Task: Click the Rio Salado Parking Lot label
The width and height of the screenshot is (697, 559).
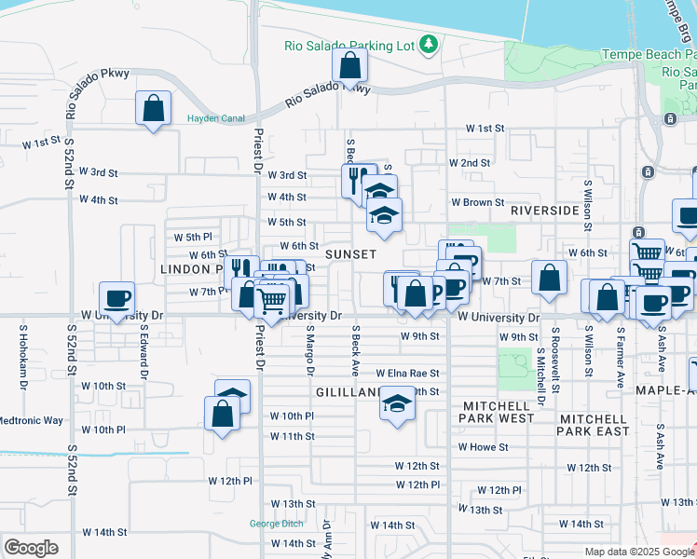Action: (x=348, y=45)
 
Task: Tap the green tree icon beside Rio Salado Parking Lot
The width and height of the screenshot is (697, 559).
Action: (x=428, y=43)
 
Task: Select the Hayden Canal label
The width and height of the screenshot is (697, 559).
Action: (x=216, y=118)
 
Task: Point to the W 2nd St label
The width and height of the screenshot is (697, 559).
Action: (x=469, y=163)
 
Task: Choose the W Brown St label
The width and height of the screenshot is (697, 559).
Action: (x=477, y=202)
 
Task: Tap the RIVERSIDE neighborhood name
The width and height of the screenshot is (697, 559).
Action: (x=545, y=211)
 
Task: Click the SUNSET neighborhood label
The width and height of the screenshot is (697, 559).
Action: (x=350, y=254)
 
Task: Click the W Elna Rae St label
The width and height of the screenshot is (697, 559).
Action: (x=407, y=374)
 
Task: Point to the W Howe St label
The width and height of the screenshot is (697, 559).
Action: (x=482, y=447)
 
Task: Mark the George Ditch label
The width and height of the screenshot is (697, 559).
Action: (x=277, y=524)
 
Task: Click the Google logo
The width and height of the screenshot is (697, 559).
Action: (x=31, y=548)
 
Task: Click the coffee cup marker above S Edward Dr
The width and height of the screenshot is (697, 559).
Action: (x=116, y=298)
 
